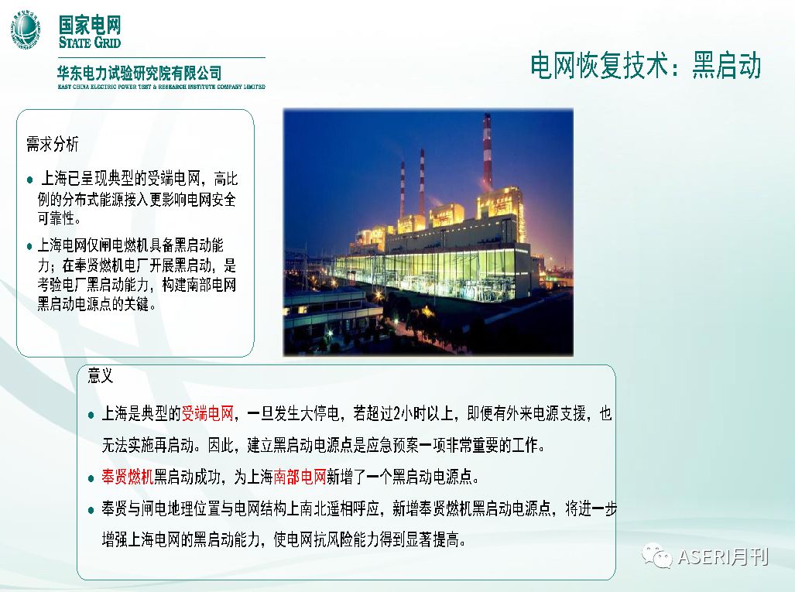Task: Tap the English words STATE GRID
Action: pos(90,42)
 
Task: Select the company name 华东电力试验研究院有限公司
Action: pos(139,74)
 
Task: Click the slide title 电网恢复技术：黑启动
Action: pos(646,66)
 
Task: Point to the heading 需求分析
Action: pos(52,145)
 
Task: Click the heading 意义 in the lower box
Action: pos(101,377)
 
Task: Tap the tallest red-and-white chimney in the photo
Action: pos(487,151)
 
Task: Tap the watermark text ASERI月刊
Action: pos(722,556)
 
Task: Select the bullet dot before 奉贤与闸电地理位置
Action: pos(91,508)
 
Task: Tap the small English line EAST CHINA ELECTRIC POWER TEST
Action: pos(161,87)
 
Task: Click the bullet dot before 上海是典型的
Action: pos(91,414)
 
